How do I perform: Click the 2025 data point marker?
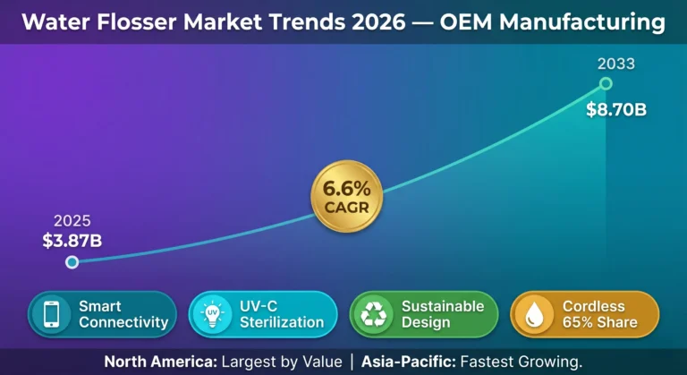point(72,262)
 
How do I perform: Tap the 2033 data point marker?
point(606,83)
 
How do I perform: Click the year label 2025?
point(72,221)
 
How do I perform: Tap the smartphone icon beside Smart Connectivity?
point(51,314)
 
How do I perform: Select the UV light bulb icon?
point(212,314)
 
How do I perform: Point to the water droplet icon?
point(534,314)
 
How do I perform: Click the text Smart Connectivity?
point(123,314)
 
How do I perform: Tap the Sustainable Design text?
point(442,314)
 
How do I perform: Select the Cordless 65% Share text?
point(600,314)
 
